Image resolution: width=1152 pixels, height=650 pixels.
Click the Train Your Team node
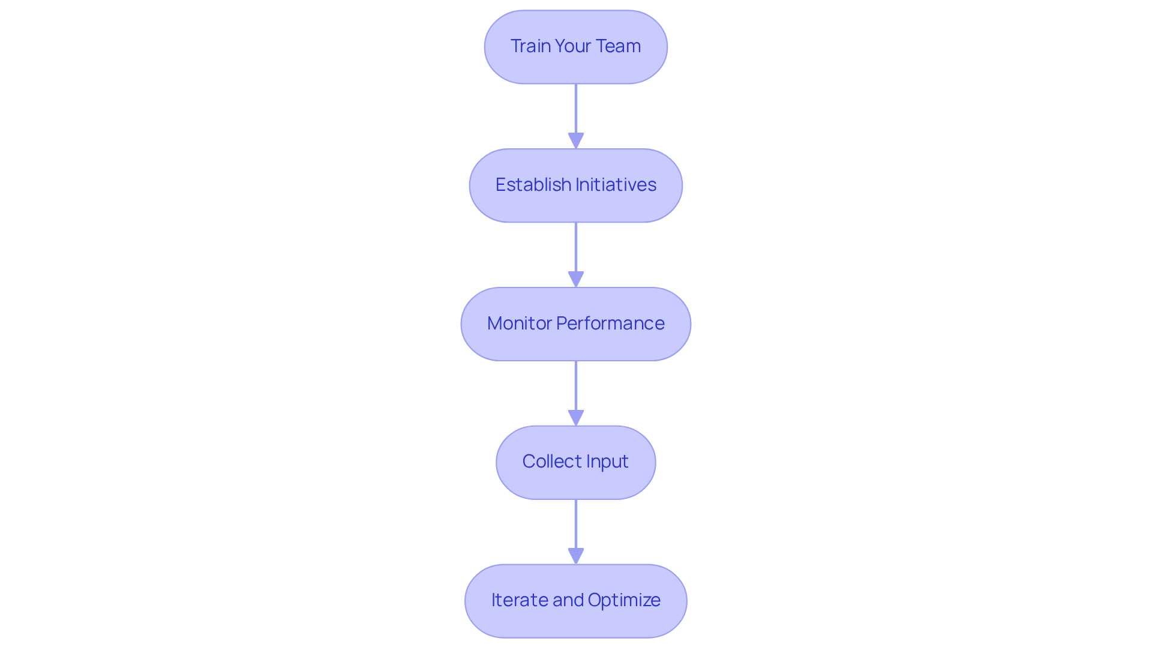(x=575, y=47)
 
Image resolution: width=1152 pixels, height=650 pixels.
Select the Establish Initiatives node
(x=575, y=185)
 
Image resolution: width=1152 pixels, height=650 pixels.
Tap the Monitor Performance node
(x=575, y=324)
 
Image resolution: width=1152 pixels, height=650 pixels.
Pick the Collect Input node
(x=575, y=462)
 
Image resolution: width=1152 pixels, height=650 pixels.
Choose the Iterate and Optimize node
(x=575, y=601)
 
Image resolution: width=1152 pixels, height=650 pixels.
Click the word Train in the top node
(x=530, y=46)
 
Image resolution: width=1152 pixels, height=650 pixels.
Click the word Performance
(x=610, y=323)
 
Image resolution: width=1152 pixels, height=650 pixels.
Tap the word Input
(x=607, y=462)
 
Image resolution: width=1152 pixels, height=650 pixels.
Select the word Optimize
(x=624, y=600)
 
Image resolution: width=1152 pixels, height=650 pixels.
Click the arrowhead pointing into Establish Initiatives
(x=575, y=141)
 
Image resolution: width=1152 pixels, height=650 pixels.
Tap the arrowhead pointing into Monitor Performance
(x=575, y=280)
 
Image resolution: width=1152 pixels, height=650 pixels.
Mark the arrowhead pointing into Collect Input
(x=575, y=418)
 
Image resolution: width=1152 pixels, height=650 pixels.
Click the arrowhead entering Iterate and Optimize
(x=575, y=556)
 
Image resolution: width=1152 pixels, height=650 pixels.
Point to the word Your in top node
(x=573, y=46)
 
